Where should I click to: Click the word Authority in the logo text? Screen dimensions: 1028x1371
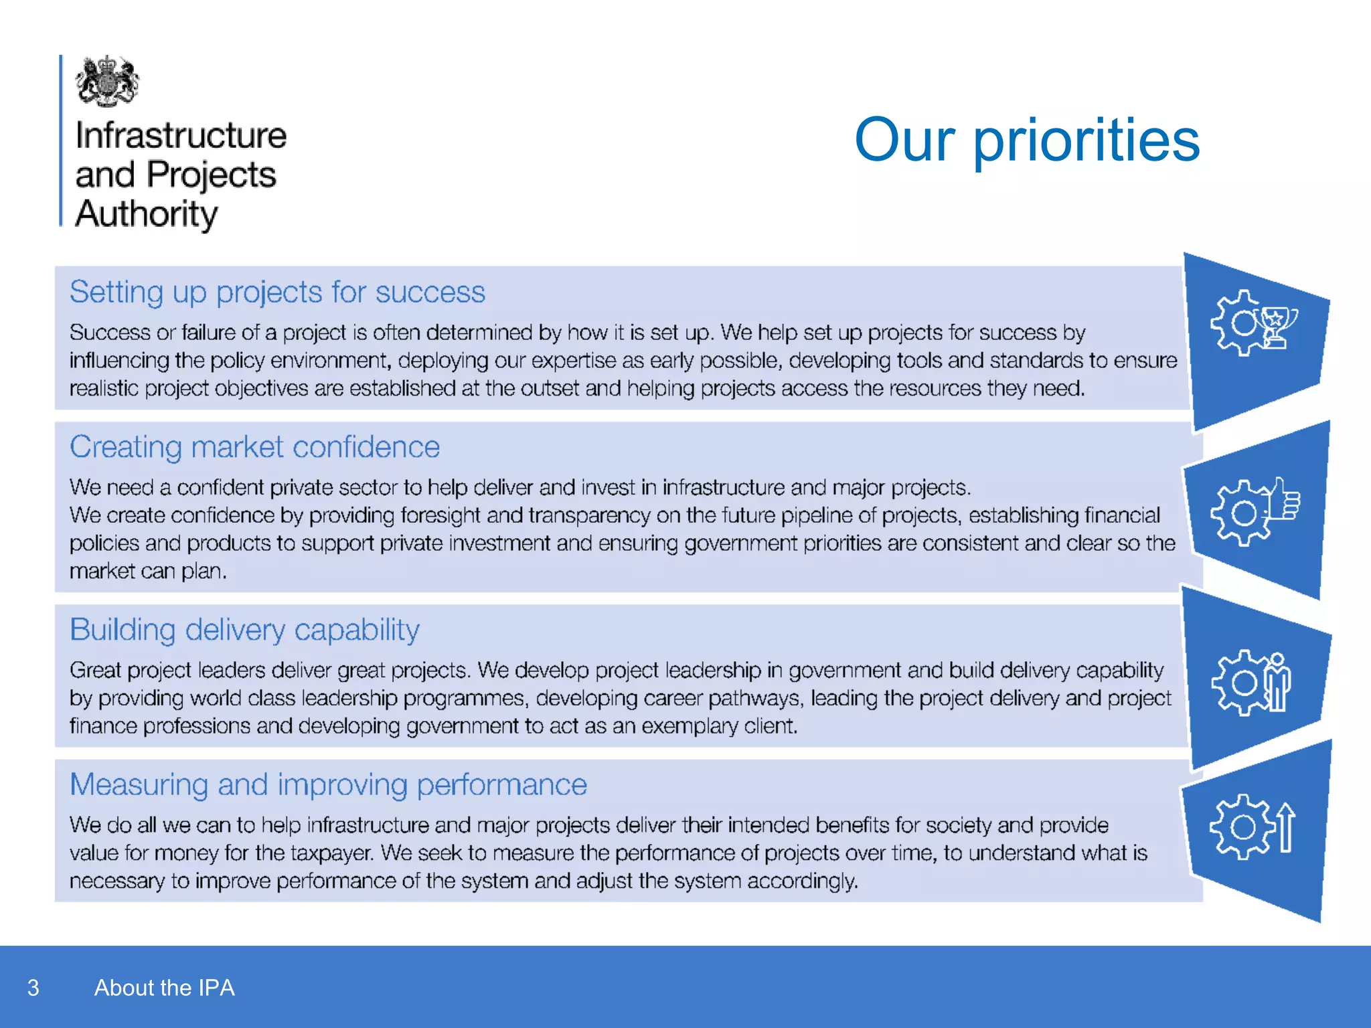click(x=147, y=214)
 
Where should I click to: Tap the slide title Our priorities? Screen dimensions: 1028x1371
click(x=1027, y=140)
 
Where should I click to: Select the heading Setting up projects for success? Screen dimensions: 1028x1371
click(x=277, y=292)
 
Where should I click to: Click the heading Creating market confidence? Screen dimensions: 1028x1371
click(x=254, y=447)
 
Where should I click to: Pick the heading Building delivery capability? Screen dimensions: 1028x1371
click(x=244, y=630)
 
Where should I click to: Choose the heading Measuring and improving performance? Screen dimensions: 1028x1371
click(x=328, y=784)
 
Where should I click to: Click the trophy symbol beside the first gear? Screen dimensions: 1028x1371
click(x=1278, y=326)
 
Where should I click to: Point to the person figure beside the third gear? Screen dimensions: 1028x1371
click(x=1277, y=683)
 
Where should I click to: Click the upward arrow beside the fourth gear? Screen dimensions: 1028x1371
click(x=1285, y=828)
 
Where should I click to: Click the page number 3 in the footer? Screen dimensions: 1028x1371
click(x=33, y=988)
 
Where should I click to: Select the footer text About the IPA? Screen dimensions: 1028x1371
click(x=164, y=988)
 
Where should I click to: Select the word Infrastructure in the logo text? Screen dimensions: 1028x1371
click(x=181, y=136)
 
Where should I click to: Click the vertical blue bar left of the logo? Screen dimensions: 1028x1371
click(x=61, y=141)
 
